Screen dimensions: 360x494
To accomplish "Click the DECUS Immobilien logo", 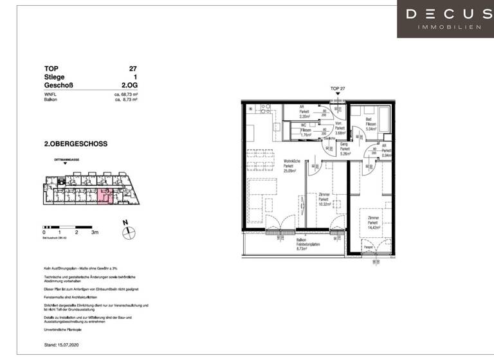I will tap(445, 19).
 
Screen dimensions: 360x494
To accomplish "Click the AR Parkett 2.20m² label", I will tap(305, 113).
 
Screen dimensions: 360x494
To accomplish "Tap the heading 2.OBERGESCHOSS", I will tap(75, 144).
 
